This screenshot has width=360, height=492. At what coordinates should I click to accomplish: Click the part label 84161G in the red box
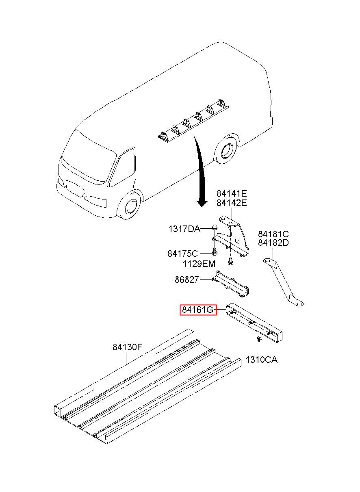click(x=198, y=310)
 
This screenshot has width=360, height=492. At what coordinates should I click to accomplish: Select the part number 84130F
click(x=127, y=347)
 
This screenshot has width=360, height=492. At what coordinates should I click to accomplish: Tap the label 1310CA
click(x=262, y=360)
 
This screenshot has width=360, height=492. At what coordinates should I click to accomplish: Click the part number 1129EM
click(x=198, y=264)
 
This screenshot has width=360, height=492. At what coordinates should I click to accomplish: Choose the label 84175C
click(x=182, y=254)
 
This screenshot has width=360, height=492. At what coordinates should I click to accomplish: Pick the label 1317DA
click(x=184, y=229)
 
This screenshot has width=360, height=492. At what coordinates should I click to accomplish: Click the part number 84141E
click(x=232, y=193)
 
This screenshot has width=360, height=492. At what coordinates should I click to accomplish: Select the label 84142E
click(x=232, y=203)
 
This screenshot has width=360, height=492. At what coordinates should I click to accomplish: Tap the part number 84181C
click(x=273, y=234)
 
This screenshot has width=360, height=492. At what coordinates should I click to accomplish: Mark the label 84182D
click(x=273, y=243)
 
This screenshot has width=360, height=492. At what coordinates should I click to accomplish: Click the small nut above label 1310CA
click(x=258, y=339)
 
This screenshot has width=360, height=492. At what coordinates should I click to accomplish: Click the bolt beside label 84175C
click(x=214, y=253)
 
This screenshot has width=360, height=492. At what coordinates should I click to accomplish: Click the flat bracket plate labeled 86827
click(x=232, y=284)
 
